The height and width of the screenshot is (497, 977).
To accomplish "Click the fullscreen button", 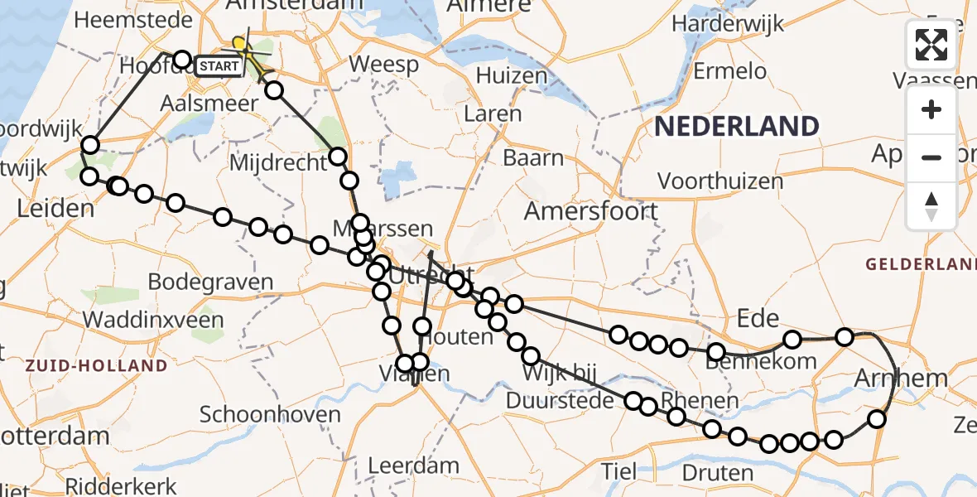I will [931, 45].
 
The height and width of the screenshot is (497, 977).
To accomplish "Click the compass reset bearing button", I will [931, 205].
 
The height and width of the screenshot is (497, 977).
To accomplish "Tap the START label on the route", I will [219, 66].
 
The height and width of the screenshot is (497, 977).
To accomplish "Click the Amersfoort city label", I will [591, 211].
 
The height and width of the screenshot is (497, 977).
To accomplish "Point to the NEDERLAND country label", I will [737, 127].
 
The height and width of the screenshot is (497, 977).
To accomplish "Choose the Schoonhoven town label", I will [270, 414].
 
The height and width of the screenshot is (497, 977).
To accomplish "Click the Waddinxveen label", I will [153, 320].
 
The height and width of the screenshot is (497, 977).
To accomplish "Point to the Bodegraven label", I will [210, 282].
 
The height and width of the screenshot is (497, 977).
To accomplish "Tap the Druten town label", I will [719, 474].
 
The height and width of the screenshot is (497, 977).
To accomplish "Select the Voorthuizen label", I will [720, 181].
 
